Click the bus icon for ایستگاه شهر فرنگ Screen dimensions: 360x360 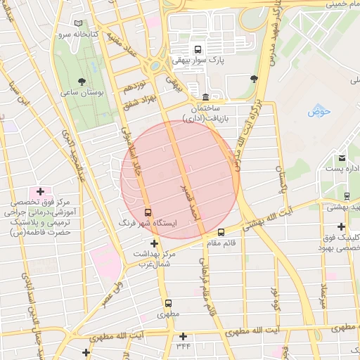pyautogui.click(x=148, y=212)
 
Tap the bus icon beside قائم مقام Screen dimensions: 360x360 pyautogui.click(x=221, y=232)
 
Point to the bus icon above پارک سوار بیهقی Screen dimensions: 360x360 pyautogui.click(x=198, y=50)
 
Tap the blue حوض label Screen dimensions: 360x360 pyautogui.click(x=318, y=111)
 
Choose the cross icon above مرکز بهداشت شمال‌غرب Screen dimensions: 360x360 pyautogui.click(x=155, y=243)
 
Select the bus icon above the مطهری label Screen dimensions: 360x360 pyautogui.click(x=168, y=303)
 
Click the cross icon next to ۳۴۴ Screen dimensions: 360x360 pyautogui.click(x=184, y=336)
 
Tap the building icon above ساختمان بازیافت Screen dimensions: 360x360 pyautogui.click(x=205, y=97)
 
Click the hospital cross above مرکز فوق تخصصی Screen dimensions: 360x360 pyautogui.click(x=40, y=191)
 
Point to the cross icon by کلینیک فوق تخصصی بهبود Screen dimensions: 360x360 pyautogui.click(x=341, y=226)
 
